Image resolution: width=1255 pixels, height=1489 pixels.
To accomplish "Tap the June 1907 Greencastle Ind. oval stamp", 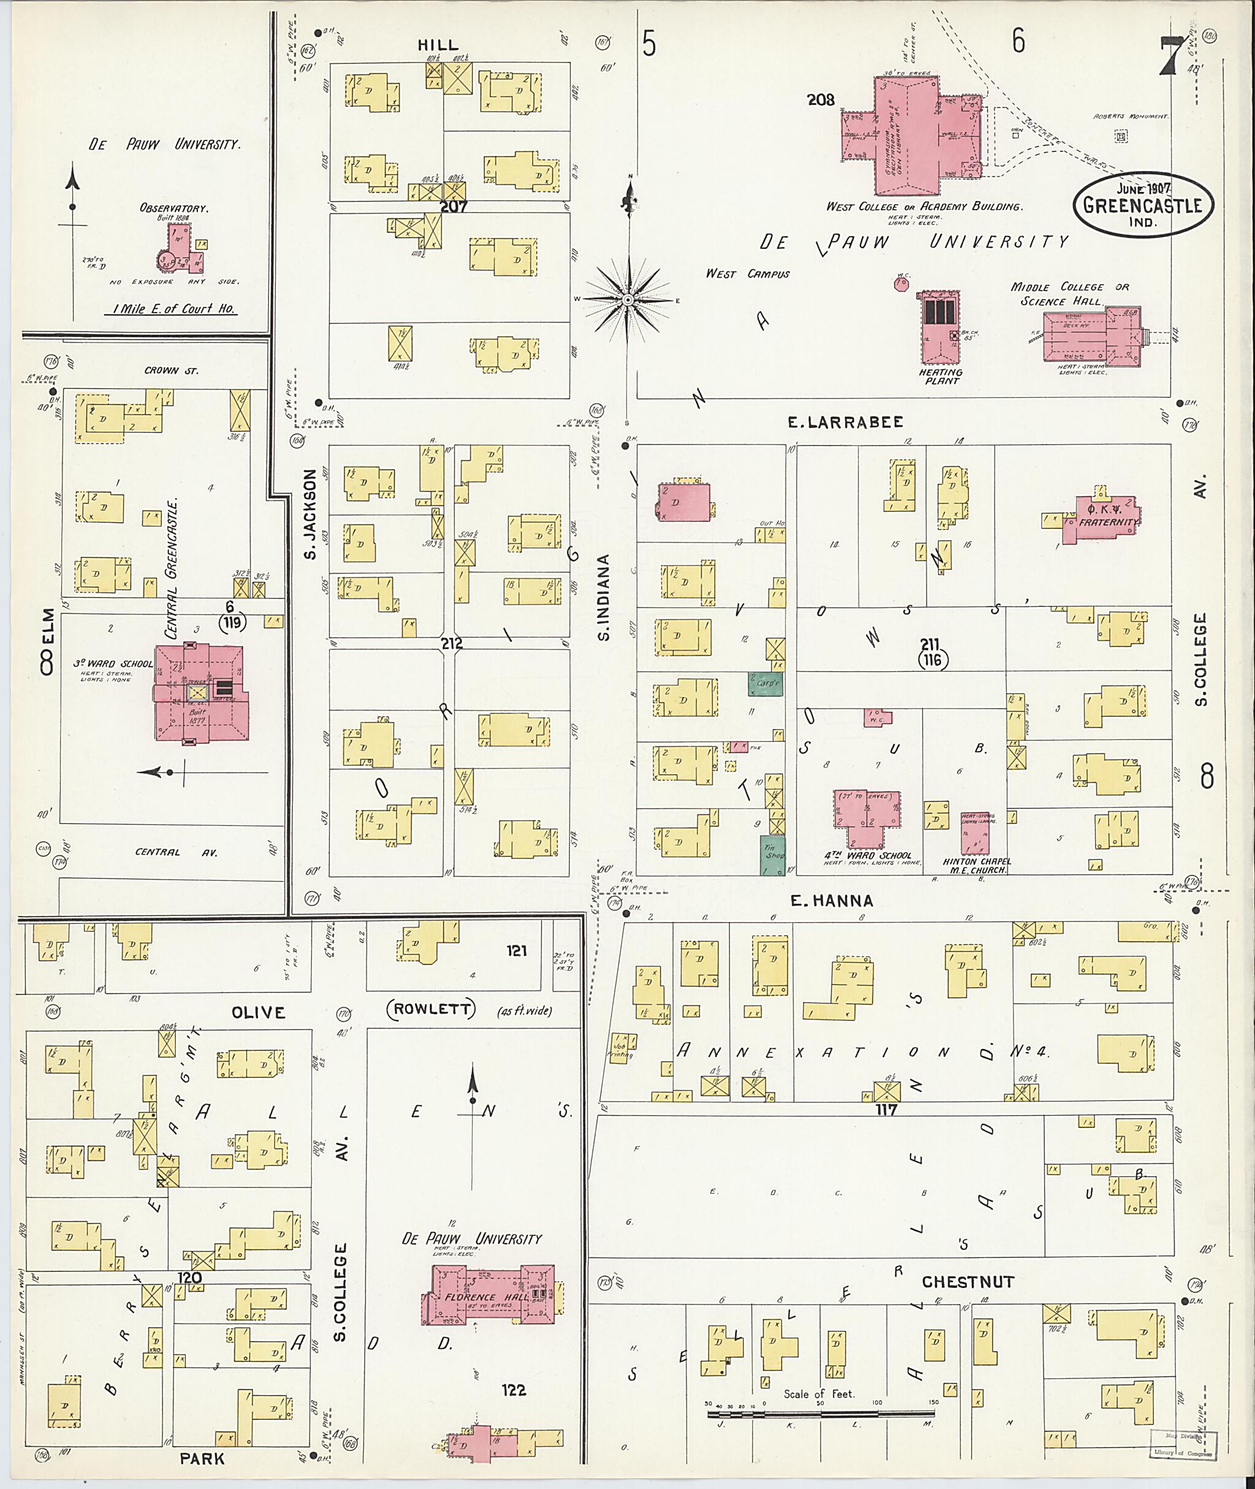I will click(1143, 205).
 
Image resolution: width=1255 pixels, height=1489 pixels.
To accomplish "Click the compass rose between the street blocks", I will click(628, 300).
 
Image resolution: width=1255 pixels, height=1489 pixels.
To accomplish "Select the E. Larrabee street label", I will click(845, 422).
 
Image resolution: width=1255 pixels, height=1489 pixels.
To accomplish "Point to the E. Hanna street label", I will click(832, 901).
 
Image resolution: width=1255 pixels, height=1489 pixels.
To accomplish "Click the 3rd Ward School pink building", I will click(202, 693).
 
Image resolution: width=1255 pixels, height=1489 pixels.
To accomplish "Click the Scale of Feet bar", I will click(822, 1414).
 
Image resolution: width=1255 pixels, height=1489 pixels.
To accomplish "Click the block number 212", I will click(451, 644).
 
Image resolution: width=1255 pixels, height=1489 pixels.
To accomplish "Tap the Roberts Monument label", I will click(1131, 116).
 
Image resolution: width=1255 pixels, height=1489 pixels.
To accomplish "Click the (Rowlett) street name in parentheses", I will click(430, 1009).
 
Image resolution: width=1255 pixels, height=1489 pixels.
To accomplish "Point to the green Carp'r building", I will click(765, 684).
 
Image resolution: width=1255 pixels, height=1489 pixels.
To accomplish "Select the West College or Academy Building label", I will click(923, 207).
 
